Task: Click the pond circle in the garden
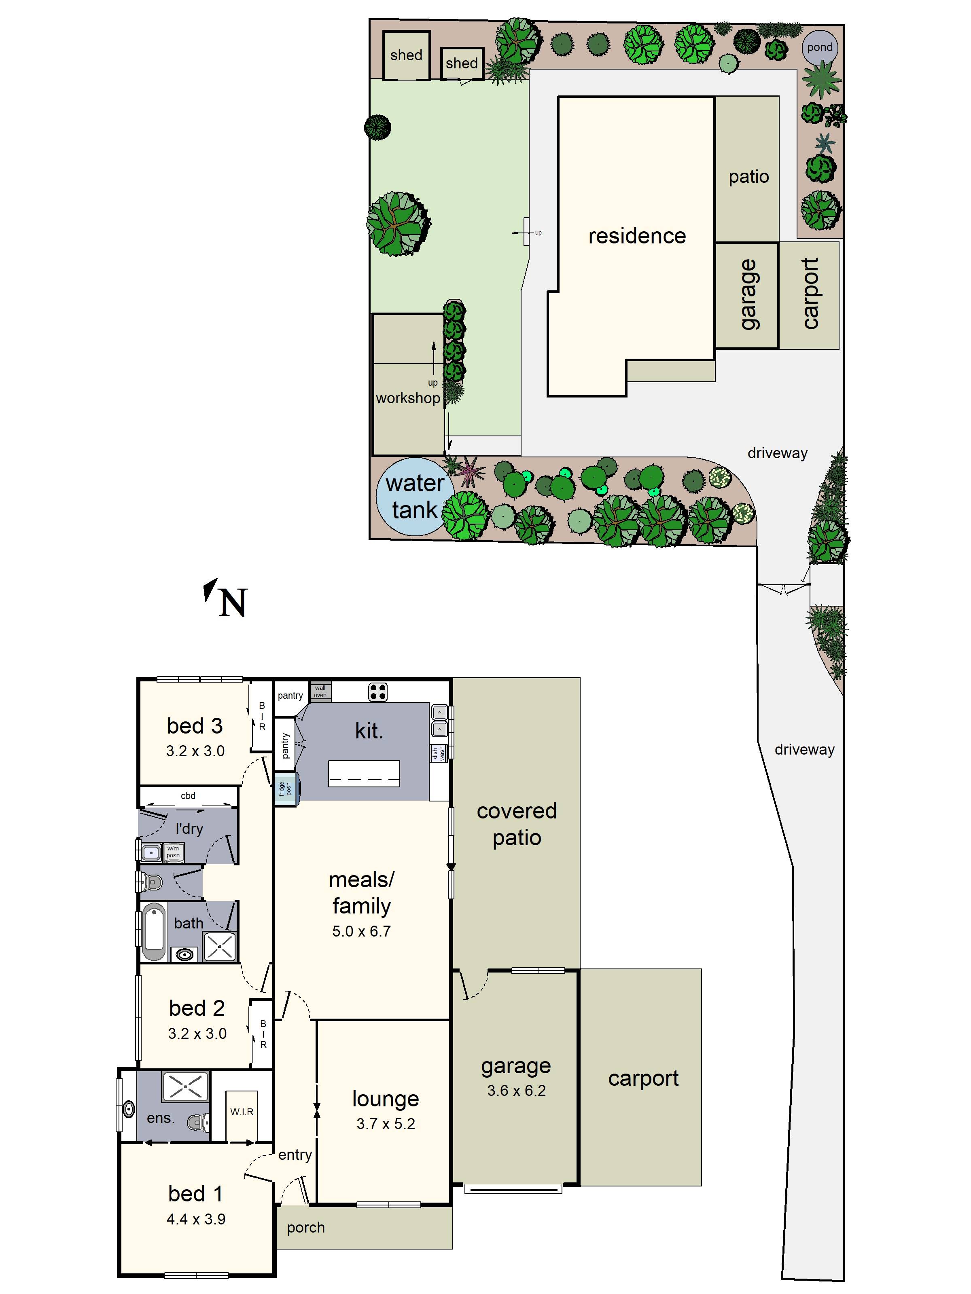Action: pyautogui.click(x=819, y=47)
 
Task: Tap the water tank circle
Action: pyautogui.click(x=414, y=497)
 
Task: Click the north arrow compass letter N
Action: pyautogui.click(x=233, y=603)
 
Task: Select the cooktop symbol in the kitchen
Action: pyautogui.click(x=377, y=692)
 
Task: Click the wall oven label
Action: pyautogui.click(x=320, y=691)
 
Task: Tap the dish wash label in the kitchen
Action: pyautogui.click(x=439, y=753)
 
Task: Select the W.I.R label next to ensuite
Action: pyautogui.click(x=242, y=1112)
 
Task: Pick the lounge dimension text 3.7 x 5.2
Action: pyautogui.click(x=386, y=1124)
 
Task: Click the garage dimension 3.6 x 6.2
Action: pyautogui.click(x=516, y=1091)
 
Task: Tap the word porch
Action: pyautogui.click(x=305, y=1227)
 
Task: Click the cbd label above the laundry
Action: pyautogui.click(x=188, y=795)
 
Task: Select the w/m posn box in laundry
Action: pyautogui.click(x=173, y=852)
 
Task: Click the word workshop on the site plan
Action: pyautogui.click(x=408, y=398)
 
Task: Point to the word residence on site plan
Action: pyautogui.click(x=637, y=236)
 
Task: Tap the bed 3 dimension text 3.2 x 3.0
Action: pyautogui.click(x=195, y=751)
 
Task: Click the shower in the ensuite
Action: pyautogui.click(x=185, y=1086)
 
